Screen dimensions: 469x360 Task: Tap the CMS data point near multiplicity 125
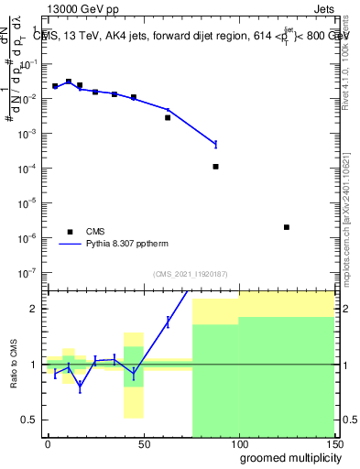coord(287,227)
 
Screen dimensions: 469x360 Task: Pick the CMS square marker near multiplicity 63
coord(168,117)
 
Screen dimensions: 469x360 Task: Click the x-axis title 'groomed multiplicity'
coord(286,457)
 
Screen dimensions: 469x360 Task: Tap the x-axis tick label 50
coord(143,442)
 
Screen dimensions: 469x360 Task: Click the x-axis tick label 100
coord(238,442)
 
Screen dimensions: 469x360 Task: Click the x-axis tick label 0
coord(48,442)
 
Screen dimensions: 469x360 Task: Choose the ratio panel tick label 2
coord(34,309)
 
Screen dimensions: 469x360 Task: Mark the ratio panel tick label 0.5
coord(29,420)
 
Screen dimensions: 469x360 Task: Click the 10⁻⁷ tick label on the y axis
coord(27,272)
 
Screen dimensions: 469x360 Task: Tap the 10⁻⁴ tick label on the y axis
coord(27,169)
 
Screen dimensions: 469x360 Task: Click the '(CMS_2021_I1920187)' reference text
coord(191,274)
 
